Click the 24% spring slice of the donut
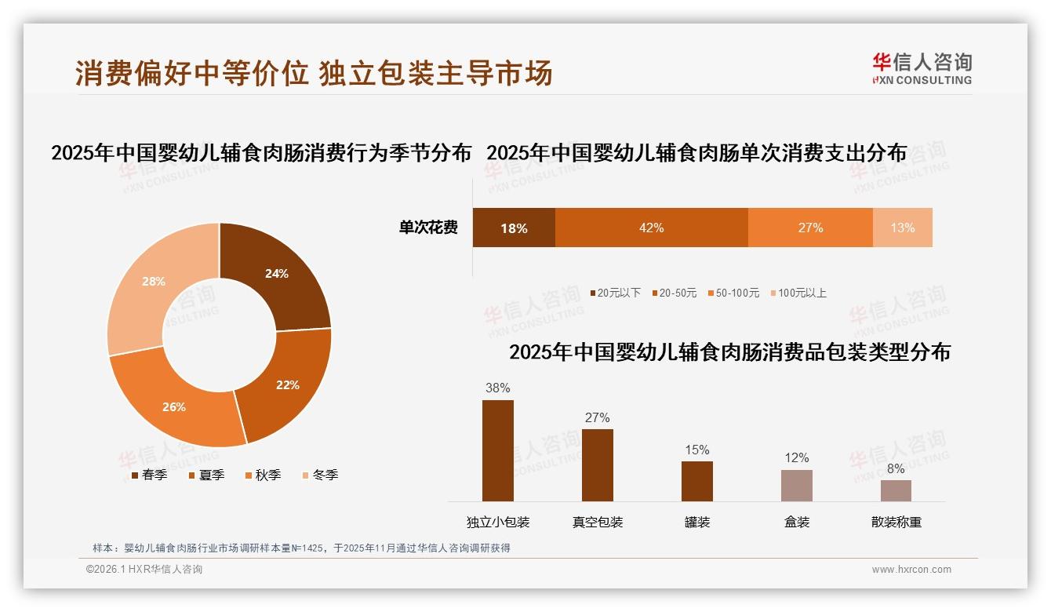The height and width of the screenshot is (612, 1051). [275, 275]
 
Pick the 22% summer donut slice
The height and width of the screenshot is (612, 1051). [285, 384]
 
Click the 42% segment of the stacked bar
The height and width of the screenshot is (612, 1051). [651, 228]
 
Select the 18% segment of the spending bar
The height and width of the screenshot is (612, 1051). [514, 228]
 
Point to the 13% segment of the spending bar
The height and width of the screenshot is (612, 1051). [902, 228]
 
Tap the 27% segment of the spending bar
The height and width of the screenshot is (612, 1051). [810, 228]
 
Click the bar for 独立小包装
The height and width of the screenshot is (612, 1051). [498, 450]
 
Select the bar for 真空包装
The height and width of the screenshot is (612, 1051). [598, 464]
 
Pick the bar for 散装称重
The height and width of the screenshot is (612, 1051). [896, 490]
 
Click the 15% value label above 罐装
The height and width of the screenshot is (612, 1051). [696, 450]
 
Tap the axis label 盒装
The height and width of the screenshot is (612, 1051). [796, 522]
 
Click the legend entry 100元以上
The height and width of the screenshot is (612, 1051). [798, 293]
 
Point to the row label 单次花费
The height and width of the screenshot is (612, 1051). [428, 228]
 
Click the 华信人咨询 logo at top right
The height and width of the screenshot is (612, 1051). [922, 68]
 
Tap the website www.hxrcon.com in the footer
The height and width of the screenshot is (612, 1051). [911, 570]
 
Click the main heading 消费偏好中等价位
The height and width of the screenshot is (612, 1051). [191, 73]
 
